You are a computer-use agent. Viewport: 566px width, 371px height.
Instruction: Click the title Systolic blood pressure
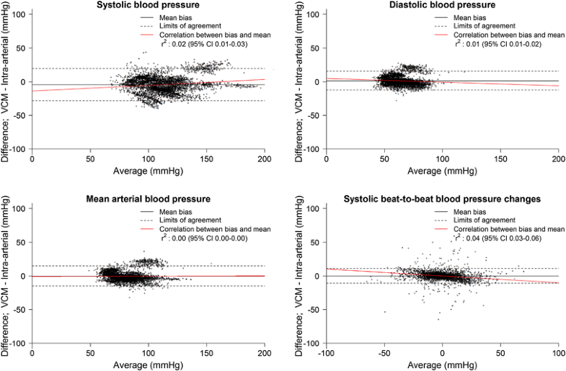pyautogui.click(x=148, y=6)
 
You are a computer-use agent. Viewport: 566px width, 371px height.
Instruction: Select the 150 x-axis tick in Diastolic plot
pyautogui.click(x=500, y=158)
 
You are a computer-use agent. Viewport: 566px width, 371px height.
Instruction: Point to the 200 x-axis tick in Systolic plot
pyautogui.click(x=265, y=158)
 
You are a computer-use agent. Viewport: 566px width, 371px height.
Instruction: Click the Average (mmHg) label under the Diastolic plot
pyautogui.click(x=441, y=171)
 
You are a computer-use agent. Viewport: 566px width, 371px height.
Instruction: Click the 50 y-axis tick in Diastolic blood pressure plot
pyautogui.click(x=314, y=48)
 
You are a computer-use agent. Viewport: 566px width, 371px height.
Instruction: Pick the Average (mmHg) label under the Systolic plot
pyautogui.click(x=148, y=171)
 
